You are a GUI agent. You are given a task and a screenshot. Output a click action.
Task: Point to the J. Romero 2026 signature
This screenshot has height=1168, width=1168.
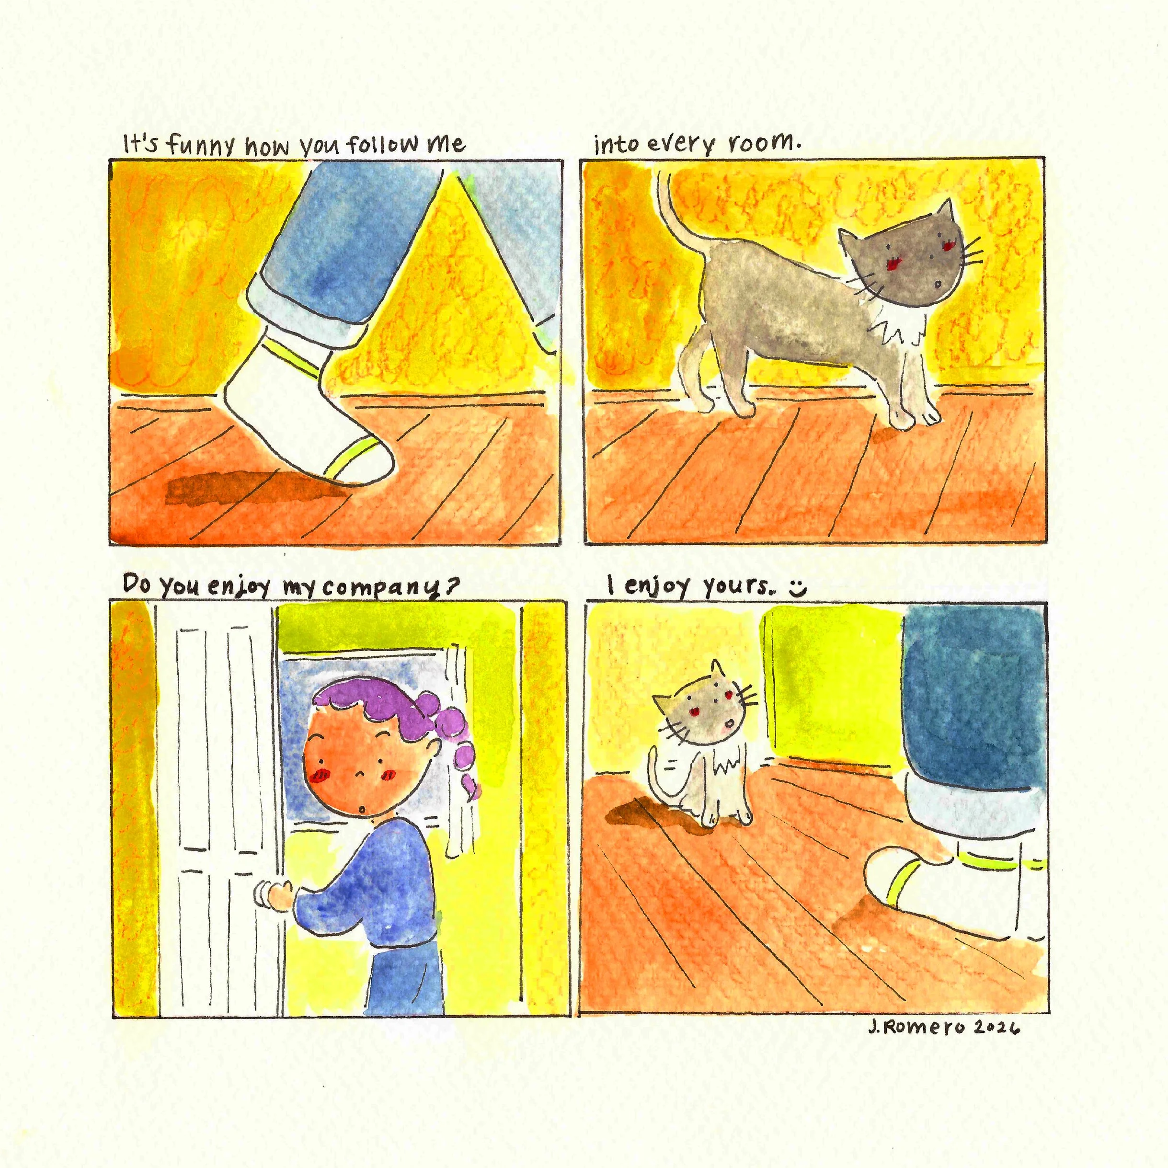point(944,1027)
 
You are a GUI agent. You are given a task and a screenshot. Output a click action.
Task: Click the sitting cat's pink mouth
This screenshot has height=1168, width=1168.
point(729,723)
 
